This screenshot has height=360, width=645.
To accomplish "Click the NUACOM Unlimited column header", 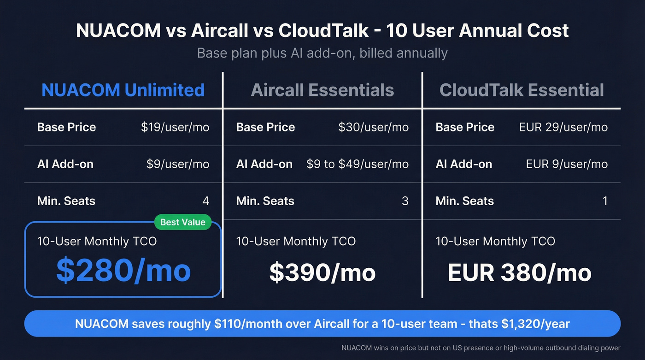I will click(x=123, y=90).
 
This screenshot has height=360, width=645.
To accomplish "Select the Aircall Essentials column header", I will click(x=322, y=90).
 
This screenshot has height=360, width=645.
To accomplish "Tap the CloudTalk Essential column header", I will click(x=522, y=90).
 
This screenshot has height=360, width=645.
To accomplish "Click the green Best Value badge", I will click(x=183, y=222).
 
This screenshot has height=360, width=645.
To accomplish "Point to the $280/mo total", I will click(x=123, y=271).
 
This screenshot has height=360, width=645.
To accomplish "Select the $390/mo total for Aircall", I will click(x=322, y=272).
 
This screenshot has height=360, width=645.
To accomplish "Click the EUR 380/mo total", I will click(x=519, y=272).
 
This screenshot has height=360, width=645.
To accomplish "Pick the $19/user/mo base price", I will click(x=175, y=127).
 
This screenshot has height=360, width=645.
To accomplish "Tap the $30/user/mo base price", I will click(x=373, y=127).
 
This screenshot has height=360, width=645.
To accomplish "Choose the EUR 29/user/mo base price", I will click(x=563, y=127).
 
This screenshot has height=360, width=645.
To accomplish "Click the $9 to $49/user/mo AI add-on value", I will click(x=358, y=164).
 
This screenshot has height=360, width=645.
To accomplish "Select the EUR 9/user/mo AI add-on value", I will click(x=567, y=164).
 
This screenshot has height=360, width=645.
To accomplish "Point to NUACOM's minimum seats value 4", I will click(x=205, y=201).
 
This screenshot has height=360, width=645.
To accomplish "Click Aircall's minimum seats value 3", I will click(x=405, y=201).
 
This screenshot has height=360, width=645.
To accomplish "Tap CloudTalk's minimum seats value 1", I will click(x=604, y=201).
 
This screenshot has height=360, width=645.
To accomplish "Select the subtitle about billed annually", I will click(x=322, y=53).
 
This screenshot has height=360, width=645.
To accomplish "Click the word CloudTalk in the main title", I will click(x=323, y=31).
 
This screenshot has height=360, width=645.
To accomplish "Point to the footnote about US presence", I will click(x=481, y=348).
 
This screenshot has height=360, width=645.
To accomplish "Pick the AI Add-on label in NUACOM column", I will click(x=65, y=164).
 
